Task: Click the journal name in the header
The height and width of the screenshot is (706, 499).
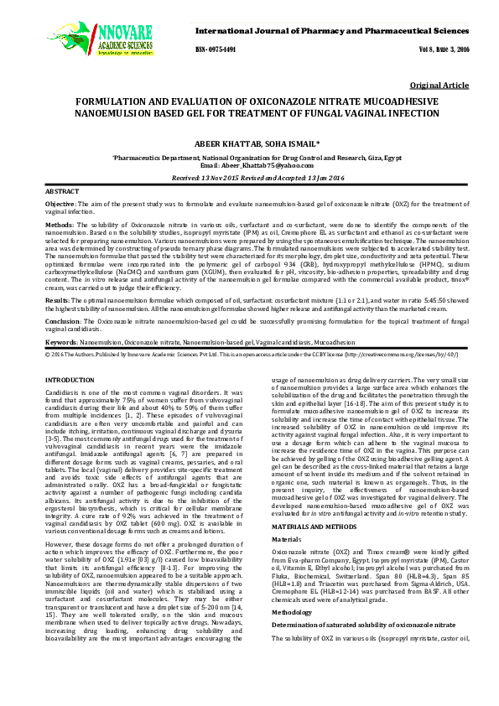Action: click(332, 30)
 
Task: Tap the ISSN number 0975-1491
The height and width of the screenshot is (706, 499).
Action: click(216, 50)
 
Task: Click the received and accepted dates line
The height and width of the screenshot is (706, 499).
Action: click(248, 179)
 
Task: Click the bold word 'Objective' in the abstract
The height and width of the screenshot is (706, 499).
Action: click(60, 205)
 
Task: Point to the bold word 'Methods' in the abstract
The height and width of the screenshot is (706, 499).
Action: click(58, 226)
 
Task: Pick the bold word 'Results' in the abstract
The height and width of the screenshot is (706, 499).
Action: click(56, 299)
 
